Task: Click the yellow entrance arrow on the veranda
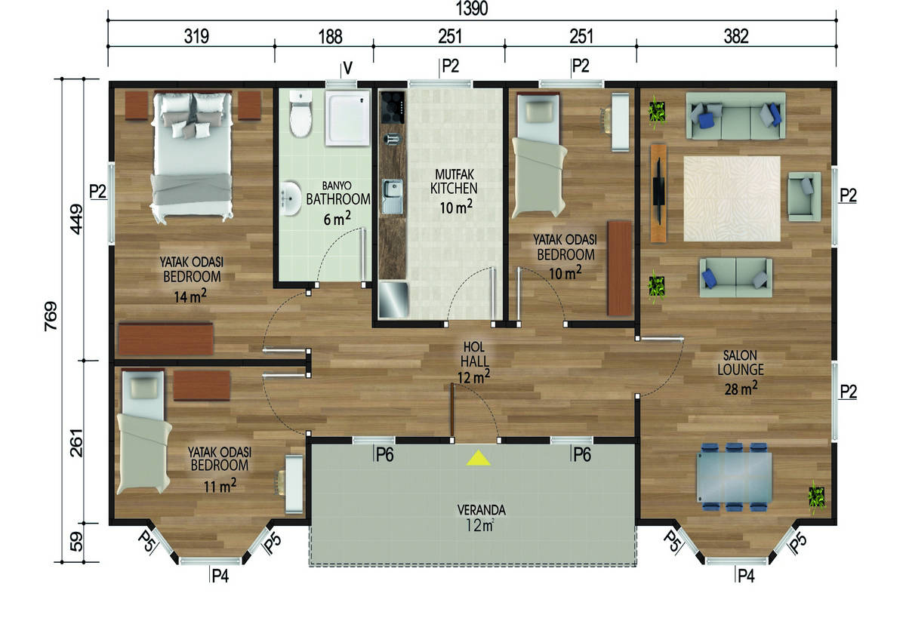[479, 458]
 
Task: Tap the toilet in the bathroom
[300, 114]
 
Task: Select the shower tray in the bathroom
[348, 118]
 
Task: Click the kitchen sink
[393, 196]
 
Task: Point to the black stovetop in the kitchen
[393, 108]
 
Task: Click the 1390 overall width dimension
[472, 8]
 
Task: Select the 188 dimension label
[330, 37]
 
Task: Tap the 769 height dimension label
[51, 316]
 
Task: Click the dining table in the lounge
[734, 477]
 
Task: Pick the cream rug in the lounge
[732, 198]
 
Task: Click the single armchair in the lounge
[804, 196]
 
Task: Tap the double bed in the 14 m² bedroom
[192, 156]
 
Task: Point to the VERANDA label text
[482, 510]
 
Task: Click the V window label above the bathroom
[347, 69]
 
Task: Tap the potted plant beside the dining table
[816, 496]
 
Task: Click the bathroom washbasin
[291, 198]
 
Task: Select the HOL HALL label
[474, 355]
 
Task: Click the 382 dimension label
[735, 37]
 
